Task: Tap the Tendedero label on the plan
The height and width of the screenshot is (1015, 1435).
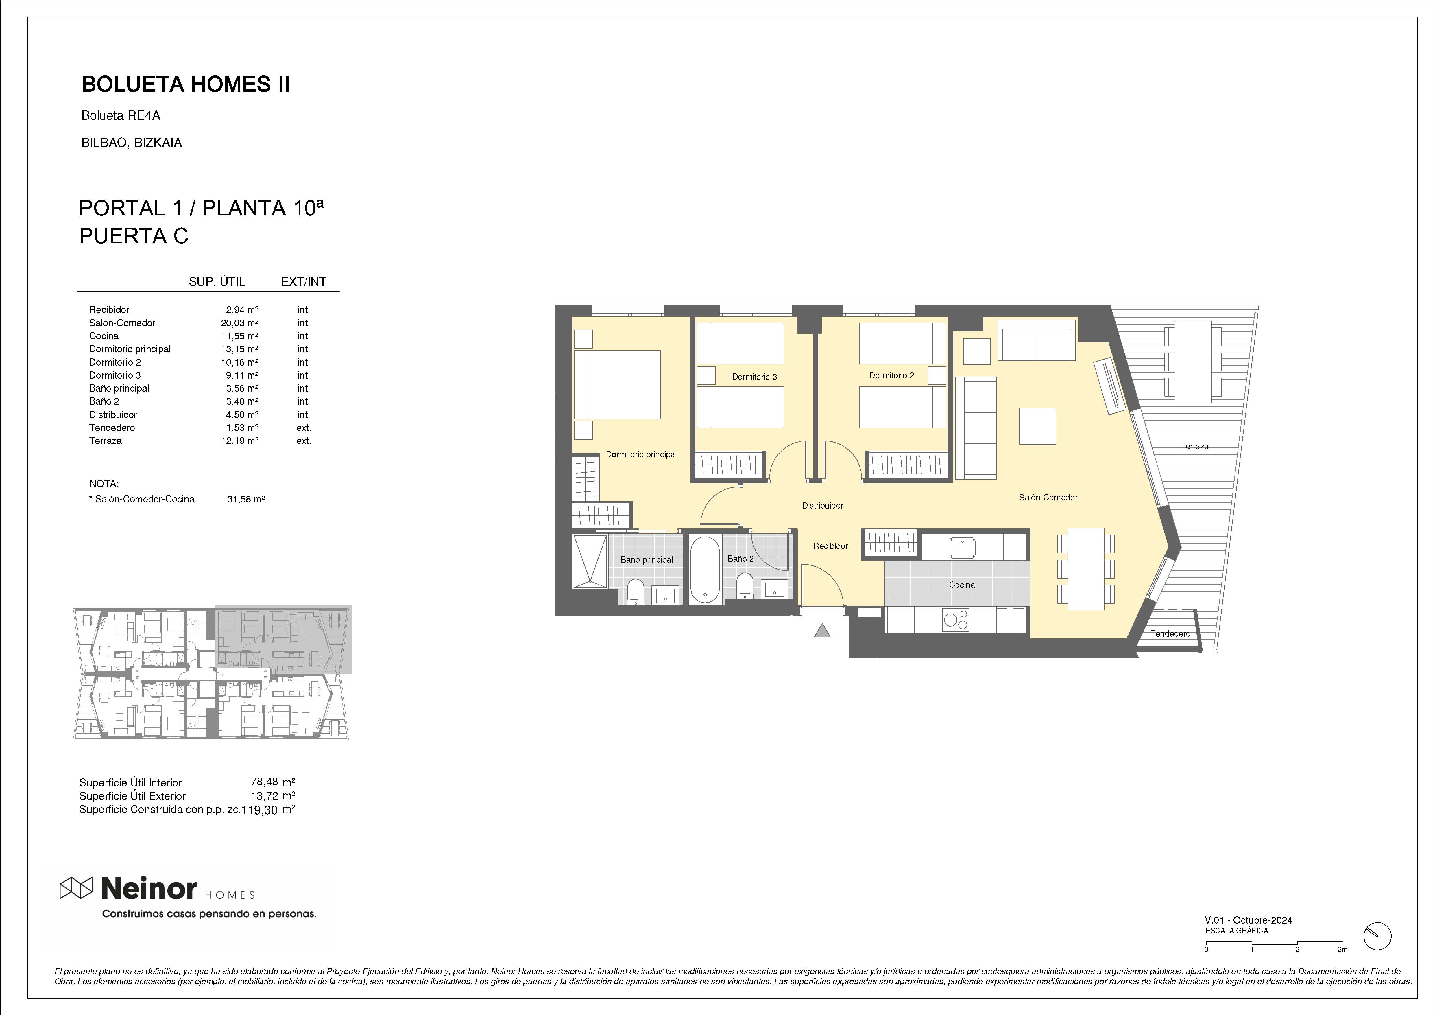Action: [x=1171, y=633]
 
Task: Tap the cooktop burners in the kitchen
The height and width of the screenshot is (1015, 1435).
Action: [x=956, y=620]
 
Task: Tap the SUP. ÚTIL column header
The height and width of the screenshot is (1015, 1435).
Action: [x=217, y=281]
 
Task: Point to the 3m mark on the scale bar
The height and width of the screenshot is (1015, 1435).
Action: [x=1342, y=967]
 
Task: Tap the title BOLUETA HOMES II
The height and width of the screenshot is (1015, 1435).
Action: [x=186, y=84]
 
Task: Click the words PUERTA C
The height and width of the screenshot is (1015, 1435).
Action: [x=134, y=236]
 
